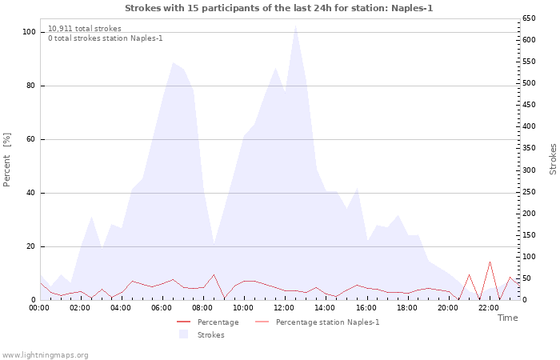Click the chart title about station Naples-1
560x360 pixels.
pos(279,8)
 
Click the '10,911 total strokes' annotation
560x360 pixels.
pos(85,29)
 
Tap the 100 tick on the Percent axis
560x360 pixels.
pos(29,32)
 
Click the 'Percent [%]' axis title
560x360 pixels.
pos(7,160)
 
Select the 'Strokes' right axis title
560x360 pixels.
pos(553,158)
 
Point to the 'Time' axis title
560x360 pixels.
pos(507,318)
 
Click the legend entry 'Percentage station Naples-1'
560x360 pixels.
pos(327,322)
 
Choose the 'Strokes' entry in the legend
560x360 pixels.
pos(210,335)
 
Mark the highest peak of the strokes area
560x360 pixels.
pos(295,26)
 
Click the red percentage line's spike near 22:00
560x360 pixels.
pos(490,262)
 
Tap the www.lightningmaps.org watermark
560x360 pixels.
pos(45,354)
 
